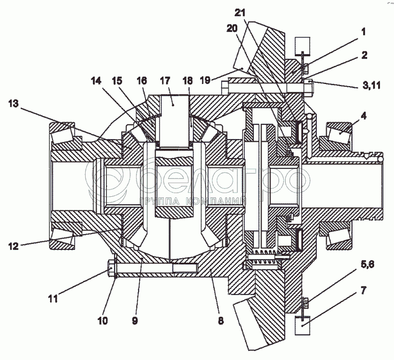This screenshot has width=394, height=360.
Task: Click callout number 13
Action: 13,103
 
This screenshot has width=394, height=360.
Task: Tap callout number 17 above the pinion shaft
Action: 165,81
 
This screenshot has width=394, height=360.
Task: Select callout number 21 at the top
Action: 240,13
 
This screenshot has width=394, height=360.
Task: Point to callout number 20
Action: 232,28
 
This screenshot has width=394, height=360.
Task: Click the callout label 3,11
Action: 371,85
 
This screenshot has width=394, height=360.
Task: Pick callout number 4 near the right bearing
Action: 364,116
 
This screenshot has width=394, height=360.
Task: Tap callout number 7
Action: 364,290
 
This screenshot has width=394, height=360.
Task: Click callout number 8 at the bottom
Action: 221,321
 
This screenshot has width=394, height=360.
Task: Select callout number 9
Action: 135,321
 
